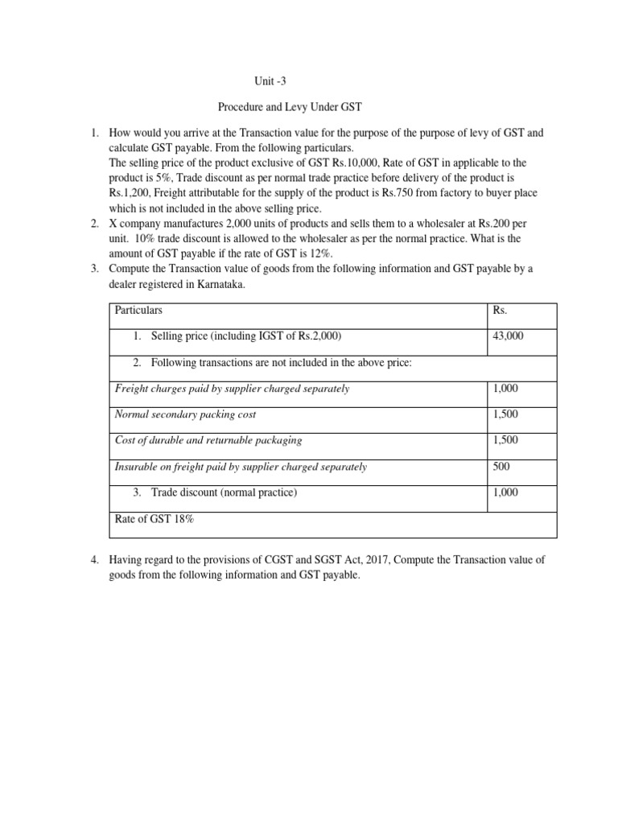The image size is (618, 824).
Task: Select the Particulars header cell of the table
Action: coord(139,310)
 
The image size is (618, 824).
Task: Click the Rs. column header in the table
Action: coord(500,310)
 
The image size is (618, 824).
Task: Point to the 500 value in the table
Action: coord(501,467)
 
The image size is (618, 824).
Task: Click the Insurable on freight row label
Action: coord(241,467)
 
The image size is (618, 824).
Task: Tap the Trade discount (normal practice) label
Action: coord(223,492)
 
